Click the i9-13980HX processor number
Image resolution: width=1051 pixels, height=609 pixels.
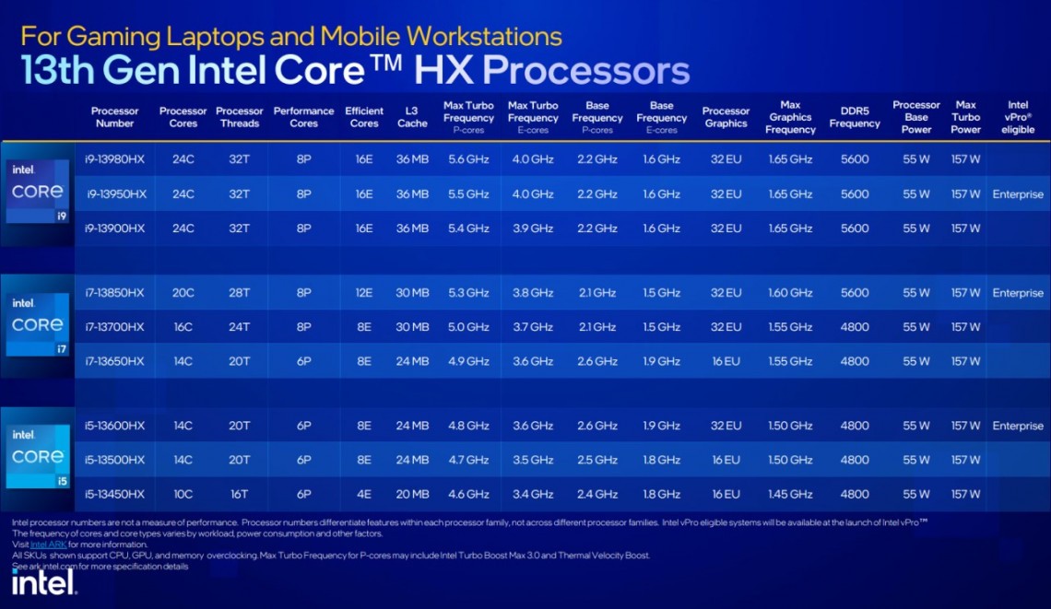[x=115, y=159]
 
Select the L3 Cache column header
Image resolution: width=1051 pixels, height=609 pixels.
[x=412, y=117]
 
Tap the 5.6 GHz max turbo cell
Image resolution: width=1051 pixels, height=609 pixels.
[x=468, y=159]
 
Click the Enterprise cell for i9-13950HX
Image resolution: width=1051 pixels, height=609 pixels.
[x=1018, y=194]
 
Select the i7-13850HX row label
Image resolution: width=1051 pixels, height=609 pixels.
[x=115, y=293]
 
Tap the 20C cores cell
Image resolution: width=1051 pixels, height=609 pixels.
[x=183, y=293]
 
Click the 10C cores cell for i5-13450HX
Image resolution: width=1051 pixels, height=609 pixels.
[x=183, y=494]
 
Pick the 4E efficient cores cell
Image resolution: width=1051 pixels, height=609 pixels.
[x=364, y=494]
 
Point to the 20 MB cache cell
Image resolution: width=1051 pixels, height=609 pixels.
[x=412, y=494]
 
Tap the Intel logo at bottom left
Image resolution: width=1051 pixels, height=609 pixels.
[x=42, y=582]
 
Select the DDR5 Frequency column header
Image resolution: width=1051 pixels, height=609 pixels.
[x=855, y=117]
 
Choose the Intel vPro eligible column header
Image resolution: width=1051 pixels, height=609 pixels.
[x=1018, y=117]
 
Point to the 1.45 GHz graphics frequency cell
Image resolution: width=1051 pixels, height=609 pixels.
[x=790, y=494]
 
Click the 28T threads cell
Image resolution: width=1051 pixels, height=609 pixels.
[x=240, y=293]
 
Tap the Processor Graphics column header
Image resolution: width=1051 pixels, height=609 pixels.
[x=726, y=117]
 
